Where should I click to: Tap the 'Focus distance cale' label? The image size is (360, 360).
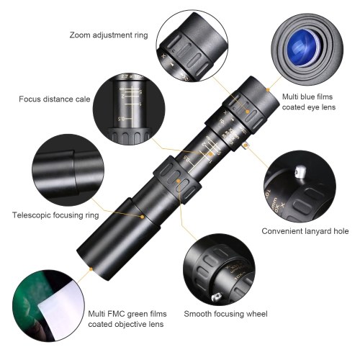click(55, 99)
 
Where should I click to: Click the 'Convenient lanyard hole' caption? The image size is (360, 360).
click(305, 231)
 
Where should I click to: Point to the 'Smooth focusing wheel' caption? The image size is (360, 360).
click(225, 313)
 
